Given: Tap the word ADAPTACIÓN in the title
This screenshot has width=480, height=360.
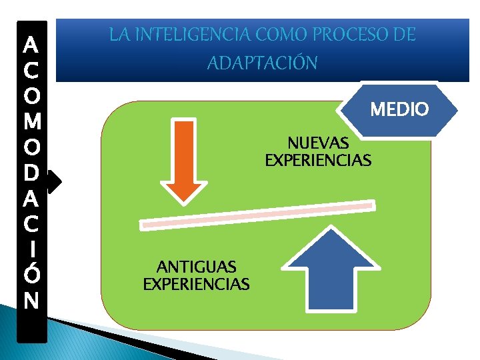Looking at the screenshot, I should [x=263, y=63].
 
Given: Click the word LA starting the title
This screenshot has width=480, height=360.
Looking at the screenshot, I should [x=120, y=35].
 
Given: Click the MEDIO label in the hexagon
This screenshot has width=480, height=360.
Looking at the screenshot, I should [x=399, y=109].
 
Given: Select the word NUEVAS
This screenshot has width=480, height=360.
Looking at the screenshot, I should [x=318, y=143].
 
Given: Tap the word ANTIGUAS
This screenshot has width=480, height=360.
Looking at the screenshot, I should [x=196, y=267].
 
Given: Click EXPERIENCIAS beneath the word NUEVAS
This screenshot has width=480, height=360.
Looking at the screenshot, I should [x=318, y=161].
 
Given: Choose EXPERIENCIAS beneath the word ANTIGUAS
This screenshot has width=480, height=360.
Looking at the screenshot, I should [x=196, y=285].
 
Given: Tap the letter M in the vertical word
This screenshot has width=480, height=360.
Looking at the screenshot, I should [x=31, y=122].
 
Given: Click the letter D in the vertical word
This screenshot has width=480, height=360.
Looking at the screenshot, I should [x=31, y=173].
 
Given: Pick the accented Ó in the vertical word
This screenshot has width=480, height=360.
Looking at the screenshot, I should [x=31, y=273].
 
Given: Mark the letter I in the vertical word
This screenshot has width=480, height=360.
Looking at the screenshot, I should [x=31, y=249].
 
